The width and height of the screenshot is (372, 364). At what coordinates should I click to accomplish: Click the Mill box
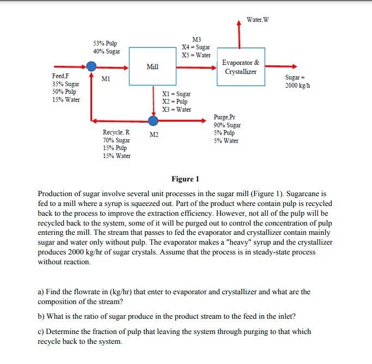153,66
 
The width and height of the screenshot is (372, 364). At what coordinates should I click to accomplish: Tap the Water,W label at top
258,20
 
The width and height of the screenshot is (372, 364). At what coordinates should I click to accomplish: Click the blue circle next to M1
92,66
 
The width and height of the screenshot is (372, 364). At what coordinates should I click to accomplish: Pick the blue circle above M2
153,119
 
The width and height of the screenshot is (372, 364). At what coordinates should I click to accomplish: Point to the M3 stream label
197,39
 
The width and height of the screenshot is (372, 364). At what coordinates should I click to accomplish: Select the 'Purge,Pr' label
224,117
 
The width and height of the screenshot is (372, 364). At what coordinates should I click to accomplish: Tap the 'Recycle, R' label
116,132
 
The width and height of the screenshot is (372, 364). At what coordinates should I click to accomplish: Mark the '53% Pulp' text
105,43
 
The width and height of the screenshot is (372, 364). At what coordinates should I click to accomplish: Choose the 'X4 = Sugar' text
196,47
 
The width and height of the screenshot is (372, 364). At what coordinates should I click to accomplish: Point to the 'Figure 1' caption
185,179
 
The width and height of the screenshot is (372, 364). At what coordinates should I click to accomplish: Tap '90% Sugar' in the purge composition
227,125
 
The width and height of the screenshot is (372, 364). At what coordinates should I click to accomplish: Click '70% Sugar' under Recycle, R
116,140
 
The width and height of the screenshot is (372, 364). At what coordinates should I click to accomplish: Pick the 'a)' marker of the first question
41,292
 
